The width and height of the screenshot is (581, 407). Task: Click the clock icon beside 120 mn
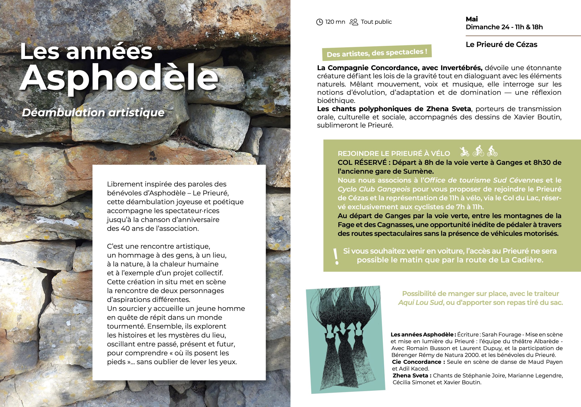tap(320, 22)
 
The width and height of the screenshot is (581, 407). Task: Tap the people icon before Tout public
tap(354, 22)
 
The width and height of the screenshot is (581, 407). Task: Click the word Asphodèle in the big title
tap(119, 77)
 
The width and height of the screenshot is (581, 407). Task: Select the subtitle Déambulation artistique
tap(93, 112)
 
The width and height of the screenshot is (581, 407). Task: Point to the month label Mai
tap(472, 19)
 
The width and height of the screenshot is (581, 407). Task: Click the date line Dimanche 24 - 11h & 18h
tap(504, 27)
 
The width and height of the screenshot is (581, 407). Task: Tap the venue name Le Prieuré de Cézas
tap(501, 45)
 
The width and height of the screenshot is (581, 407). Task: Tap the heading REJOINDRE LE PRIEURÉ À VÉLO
tap(394, 154)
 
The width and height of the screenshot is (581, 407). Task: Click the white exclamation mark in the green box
tap(336, 256)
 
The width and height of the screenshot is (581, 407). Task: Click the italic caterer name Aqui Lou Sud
tap(421, 302)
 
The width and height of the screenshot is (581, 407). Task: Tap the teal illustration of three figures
tap(345, 339)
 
